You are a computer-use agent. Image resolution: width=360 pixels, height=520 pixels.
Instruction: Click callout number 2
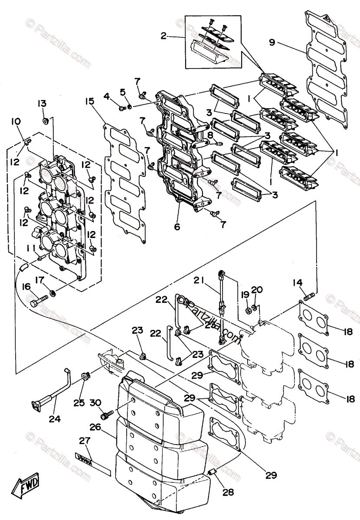(x=164, y=36)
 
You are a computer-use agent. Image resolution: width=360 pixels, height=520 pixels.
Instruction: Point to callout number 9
(x=272, y=42)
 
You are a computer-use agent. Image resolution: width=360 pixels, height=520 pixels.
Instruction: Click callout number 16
(x=26, y=286)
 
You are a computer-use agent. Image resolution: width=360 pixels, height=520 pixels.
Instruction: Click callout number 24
(x=55, y=419)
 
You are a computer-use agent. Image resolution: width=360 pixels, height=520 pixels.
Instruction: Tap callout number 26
(x=95, y=427)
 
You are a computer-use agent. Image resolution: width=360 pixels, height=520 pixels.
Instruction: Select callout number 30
(x=95, y=403)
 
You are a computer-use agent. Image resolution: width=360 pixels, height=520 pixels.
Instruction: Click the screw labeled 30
(x=106, y=415)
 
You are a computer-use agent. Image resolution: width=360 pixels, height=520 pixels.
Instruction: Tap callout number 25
(x=79, y=403)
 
